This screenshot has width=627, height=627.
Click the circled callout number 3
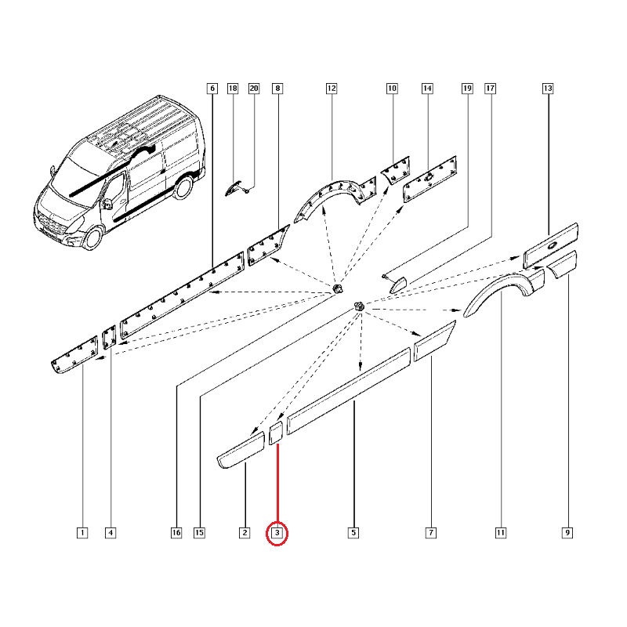click(x=277, y=533)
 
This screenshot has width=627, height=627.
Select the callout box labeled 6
click(x=212, y=89)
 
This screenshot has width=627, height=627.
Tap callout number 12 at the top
click(x=332, y=89)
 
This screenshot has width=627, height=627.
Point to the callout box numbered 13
click(x=548, y=89)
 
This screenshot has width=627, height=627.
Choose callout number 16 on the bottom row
click(x=176, y=533)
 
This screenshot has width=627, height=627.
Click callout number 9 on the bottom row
click(x=567, y=533)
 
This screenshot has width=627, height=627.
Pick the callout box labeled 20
click(x=254, y=89)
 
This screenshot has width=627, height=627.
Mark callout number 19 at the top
click(x=467, y=89)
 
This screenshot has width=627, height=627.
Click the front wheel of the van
click(x=93, y=237)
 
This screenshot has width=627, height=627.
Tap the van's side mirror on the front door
click(x=107, y=204)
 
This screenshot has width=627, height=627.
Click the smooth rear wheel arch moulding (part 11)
click(x=504, y=292)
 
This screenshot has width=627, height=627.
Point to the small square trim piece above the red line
click(x=277, y=433)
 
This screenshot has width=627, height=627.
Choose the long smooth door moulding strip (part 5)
click(x=349, y=391)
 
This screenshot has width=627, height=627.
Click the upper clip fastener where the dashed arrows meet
click(x=338, y=288)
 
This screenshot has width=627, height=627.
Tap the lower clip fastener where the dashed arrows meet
click(x=358, y=306)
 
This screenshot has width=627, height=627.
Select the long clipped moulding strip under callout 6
click(x=183, y=295)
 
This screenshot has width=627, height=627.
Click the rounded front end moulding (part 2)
click(x=241, y=450)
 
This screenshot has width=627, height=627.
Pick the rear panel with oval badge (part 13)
click(x=551, y=245)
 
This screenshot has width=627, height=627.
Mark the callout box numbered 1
click(x=82, y=533)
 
